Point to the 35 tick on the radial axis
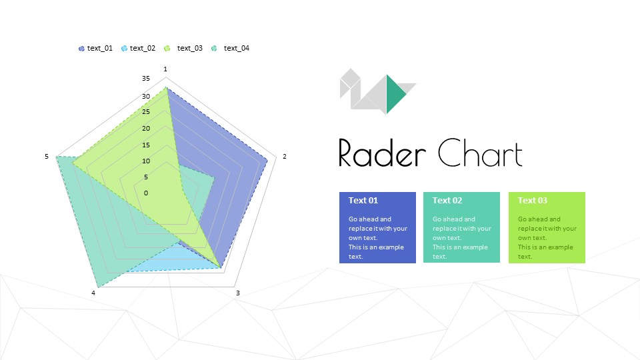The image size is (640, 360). (146, 79)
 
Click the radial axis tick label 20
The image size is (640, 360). (146, 129)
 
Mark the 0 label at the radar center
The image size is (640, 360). (146, 193)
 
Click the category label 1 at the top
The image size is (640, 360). (165, 69)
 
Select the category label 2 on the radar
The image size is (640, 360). (285, 157)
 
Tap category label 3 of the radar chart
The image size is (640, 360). (237, 293)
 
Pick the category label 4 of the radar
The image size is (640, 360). (94, 293)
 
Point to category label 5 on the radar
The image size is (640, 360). (47, 157)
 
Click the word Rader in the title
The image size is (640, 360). (382, 153)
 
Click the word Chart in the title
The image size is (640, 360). (480, 153)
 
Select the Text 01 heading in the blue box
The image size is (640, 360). (363, 201)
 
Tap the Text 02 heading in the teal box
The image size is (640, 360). (447, 201)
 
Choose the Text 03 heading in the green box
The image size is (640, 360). (533, 201)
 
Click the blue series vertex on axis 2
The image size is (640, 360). (268, 159)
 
